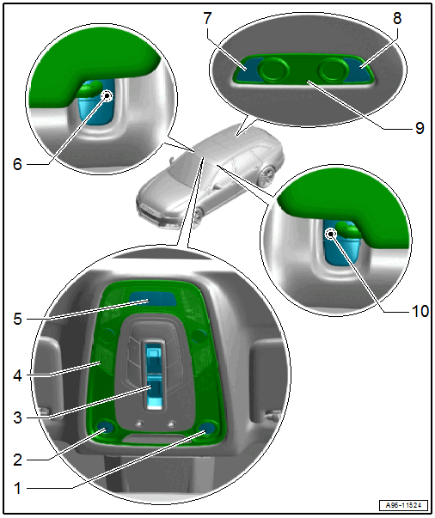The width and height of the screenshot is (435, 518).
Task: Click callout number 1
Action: (x=18, y=488)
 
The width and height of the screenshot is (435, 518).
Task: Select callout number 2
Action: (x=18, y=460)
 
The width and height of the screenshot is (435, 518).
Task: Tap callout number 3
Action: (x=18, y=417)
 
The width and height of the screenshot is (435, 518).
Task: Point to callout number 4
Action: (x=18, y=375)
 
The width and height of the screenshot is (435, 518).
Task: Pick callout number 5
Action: (x=18, y=319)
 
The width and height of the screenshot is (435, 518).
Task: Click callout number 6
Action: (x=17, y=164)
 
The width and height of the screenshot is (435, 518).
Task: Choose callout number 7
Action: (x=207, y=18)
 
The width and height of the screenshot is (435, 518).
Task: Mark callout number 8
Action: (x=397, y=18)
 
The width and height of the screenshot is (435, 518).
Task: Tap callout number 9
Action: (x=420, y=127)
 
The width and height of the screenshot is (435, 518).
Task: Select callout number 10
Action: (x=420, y=311)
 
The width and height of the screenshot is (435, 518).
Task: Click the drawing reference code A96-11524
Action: (x=403, y=505)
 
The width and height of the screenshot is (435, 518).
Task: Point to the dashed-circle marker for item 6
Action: (x=107, y=96)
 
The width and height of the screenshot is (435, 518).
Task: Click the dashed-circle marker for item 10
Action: (x=330, y=235)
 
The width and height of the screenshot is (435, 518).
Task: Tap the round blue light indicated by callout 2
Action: (x=106, y=427)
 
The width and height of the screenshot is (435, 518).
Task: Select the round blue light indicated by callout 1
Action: (x=208, y=428)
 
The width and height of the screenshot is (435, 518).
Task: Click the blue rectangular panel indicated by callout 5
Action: (x=152, y=299)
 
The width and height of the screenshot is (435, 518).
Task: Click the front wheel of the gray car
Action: (x=198, y=216)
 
